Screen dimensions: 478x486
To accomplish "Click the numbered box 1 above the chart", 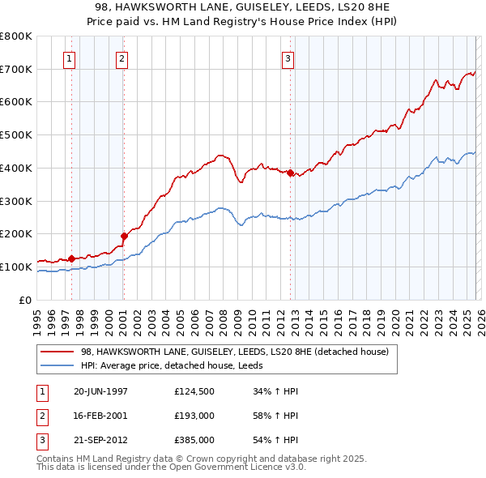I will [70, 58].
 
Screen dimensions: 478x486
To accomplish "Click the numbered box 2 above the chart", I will [122, 58].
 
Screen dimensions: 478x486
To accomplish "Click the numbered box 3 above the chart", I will [288, 58].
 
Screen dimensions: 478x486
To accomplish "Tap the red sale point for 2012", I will [290, 172].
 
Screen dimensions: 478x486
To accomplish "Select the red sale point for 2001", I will [124, 236].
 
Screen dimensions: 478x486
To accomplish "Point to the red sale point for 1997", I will [72, 258].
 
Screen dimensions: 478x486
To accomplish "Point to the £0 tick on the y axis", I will [25, 300].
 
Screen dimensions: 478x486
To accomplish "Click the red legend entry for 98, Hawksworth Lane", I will [235, 352].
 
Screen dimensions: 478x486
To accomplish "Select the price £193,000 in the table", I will [194, 416].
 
